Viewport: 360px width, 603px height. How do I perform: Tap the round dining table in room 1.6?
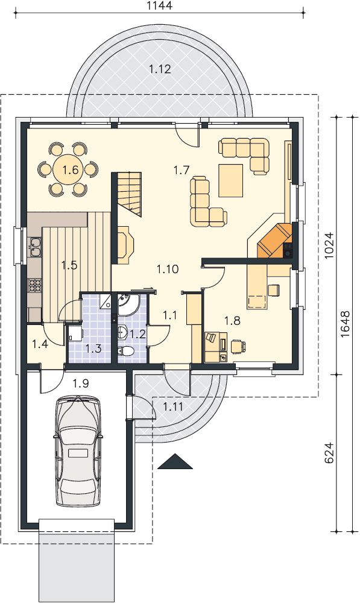(68, 169)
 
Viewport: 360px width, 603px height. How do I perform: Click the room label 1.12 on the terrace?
(160, 69)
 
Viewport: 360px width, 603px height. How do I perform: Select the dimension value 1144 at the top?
(160, 5)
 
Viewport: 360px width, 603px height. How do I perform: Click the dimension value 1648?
(345, 324)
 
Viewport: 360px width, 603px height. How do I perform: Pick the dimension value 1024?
(329, 245)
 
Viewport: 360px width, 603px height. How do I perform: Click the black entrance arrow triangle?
(175, 461)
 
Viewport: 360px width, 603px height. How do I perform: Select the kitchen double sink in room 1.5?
(35, 247)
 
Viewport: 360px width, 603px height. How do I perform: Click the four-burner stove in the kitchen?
(34, 285)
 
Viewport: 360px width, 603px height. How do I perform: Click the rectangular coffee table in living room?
(231, 180)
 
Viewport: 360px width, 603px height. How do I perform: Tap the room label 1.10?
(168, 269)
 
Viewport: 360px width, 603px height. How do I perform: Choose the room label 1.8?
(232, 320)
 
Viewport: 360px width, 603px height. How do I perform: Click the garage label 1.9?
(81, 383)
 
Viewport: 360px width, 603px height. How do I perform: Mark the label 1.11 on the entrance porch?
(172, 406)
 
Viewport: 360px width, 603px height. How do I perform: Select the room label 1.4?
(40, 344)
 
